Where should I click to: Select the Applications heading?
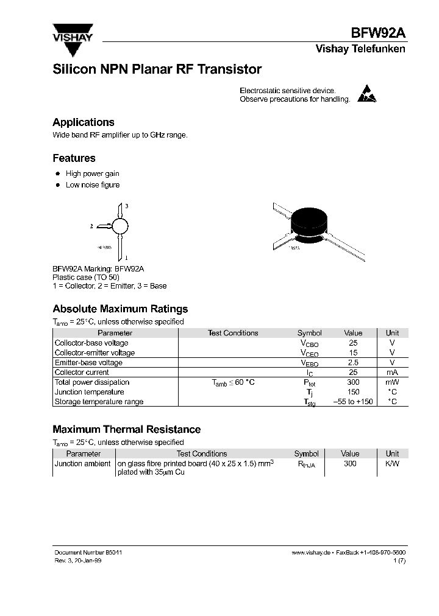point(84,122)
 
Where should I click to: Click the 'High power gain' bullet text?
point(93,173)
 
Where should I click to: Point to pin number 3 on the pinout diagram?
point(126,207)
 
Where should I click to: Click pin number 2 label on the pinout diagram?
point(91,226)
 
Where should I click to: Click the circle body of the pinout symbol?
point(121,226)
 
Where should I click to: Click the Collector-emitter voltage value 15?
point(353,353)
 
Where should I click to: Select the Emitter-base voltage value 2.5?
point(353,363)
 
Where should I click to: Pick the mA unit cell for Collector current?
point(392,373)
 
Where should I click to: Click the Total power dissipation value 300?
point(353,382)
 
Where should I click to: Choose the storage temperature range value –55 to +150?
point(353,402)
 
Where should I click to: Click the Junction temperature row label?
point(89,392)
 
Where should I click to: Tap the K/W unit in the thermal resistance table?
point(392,464)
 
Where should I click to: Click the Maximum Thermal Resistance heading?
point(126,429)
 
